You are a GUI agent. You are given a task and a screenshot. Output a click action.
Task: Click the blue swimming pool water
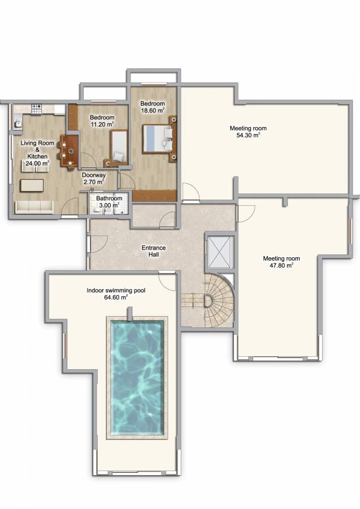pyautogui.click(x=137, y=378)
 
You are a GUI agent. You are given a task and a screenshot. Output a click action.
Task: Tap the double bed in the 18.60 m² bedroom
pyautogui.click(x=157, y=139)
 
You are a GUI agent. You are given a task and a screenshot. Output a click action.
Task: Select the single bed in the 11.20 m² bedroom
pyautogui.click(x=119, y=147)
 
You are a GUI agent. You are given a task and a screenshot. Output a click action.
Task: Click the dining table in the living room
pyautogui.click(x=70, y=150)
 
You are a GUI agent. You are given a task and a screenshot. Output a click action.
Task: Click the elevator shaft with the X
pyautogui.click(x=220, y=252)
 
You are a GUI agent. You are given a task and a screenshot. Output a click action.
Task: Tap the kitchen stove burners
pyautogui.click(x=37, y=108)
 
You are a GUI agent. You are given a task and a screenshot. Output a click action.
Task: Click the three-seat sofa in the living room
pyautogui.click(x=34, y=207)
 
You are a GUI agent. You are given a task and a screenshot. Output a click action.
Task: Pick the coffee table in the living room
pyautogui.click(x=32, y=186)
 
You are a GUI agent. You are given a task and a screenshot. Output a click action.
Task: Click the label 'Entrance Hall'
pyautogui.click(x=154, y=251)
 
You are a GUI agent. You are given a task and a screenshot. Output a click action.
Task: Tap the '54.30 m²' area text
pyautogui.click(x=248, y=135)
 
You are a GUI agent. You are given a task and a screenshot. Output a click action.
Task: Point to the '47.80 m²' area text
pyautogui.click(x=281, y=266)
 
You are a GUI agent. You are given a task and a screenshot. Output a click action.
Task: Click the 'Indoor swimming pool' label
pyautogui.click(x=116, y=290)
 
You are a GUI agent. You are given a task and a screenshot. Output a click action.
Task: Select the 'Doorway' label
pyautogui.click(x=94, y=175)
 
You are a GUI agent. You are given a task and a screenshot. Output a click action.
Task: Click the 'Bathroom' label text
pyautogui.click(x=109, y=198)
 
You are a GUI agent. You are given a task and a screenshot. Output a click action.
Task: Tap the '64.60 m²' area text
pyautogui.click(x=116, y=297)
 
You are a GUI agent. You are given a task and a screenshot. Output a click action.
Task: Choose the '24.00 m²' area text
pyautogui.click(x=37, y=163)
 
